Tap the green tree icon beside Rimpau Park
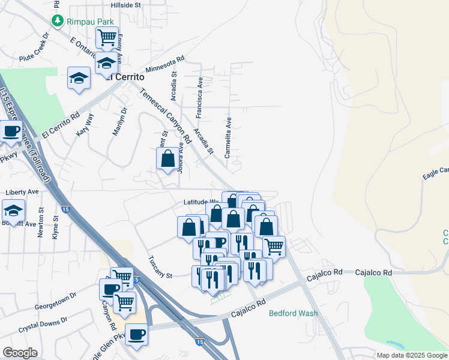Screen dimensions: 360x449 tap(58, 21)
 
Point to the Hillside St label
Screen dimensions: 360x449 tap(125, 4)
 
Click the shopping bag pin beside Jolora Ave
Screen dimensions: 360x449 tap(168, 159)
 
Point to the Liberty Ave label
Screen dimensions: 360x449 tap(22, 192)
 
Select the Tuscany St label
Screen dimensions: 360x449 tap(160, 267)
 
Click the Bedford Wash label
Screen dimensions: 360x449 tap(293, 313)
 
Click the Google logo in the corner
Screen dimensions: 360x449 tap(20, 353)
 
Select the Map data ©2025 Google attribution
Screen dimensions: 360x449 tap(411, 355)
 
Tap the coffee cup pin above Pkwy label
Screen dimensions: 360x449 tap(10, 131)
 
